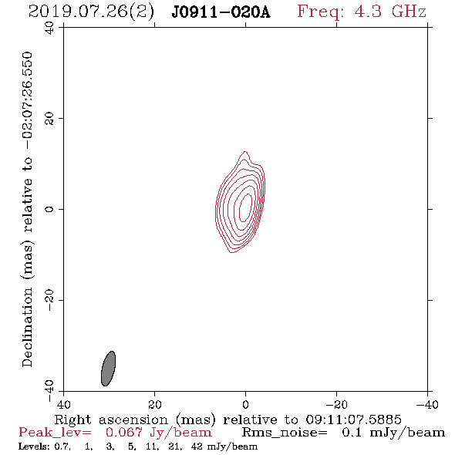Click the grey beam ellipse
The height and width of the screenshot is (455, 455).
pyautogui.click(x=108, y=369)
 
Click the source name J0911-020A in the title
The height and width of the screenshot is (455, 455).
pyautogui.click(x=221, y=12)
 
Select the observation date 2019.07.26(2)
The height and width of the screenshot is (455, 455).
pyautogui.click(x=91, y=12)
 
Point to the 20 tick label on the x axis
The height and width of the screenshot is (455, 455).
pyautogui.click(x=154, y=404)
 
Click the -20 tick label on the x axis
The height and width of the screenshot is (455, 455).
pyautogui.click(x=336, y=404)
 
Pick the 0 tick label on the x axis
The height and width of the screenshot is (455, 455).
pyautogui.click(x=245, y=404)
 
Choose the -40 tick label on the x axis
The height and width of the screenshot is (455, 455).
pyautogui.click(x=427, y=404)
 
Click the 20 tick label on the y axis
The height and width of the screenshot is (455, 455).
pyautogui.click(x=49, y=119)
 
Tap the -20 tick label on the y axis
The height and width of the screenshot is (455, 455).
pyautogui.click(x=49, y=300)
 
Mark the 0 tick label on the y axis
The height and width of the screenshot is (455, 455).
pyautogui.click(x=49, y=209)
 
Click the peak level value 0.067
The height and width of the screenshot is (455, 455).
pyautogui.click(x=124, y=433)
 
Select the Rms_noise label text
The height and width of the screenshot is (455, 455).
pyautogui.click(x=284, y=433)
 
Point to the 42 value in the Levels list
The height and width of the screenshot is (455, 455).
pyautogui.click(x=197, y=447)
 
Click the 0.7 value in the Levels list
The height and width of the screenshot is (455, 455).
pyautogui.click(x=62, y=447)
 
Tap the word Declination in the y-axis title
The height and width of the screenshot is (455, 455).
pyautogui.click(x=27, y=327)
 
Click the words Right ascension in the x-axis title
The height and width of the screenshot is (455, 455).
pyautogui.click(x=111, y=420)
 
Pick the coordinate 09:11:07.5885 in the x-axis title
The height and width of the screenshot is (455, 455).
pyautogui.click(x=353, y=420)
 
